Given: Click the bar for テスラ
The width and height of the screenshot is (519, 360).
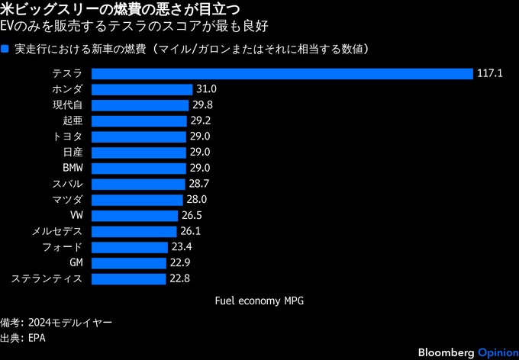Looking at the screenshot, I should (282, 74).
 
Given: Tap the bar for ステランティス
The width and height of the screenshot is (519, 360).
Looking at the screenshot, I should (129, 278).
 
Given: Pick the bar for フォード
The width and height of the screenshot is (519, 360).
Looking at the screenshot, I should (130, 247).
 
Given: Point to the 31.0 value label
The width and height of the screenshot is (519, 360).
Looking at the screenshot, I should (207, 89).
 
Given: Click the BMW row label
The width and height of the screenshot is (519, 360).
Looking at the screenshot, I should (73, 169).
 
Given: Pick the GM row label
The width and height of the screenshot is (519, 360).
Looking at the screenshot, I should (76, 263).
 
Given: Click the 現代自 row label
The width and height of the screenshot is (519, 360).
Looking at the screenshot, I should (67, 105).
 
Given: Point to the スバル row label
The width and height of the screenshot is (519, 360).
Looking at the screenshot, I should (67, 184).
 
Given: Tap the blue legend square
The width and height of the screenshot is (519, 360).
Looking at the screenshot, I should (5, 50).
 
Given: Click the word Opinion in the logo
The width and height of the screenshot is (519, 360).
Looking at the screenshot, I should (498, 351).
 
